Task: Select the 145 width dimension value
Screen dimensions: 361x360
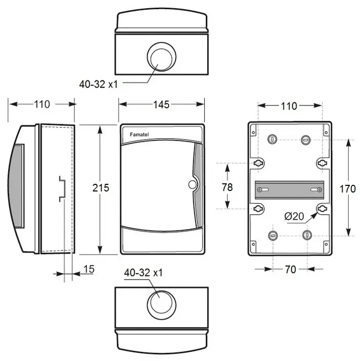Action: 161,105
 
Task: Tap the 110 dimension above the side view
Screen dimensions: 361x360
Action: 42,104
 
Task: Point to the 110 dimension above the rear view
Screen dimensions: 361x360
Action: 289,106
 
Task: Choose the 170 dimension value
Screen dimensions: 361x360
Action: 348,188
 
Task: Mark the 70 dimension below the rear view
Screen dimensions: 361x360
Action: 290,269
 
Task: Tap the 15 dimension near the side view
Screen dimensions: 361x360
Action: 88,269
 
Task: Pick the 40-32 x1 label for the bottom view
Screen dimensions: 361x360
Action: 143,273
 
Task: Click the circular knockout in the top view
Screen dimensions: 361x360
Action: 161,56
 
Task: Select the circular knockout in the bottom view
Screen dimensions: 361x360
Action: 161,302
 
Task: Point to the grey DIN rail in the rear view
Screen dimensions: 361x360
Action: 290,189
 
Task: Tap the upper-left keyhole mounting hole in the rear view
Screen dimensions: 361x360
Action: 259,162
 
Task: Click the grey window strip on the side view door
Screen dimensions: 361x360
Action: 17,186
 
